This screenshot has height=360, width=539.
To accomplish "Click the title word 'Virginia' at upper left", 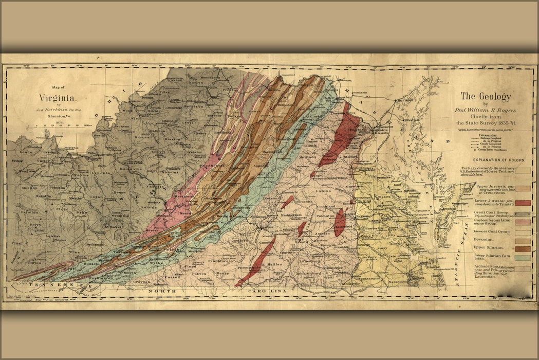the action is pyautogui.click(x=58, y=98).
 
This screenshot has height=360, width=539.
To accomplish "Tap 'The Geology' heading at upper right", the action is pyautogui.click(x=486, y=96).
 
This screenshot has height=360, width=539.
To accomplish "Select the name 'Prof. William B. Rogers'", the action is pyautogui.click(x=486, y=110).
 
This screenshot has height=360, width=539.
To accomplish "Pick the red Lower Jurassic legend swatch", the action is pyautogui.click(x=523, y=203).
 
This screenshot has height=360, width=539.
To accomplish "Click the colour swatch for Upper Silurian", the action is pyautogui.click(x=523, y=248).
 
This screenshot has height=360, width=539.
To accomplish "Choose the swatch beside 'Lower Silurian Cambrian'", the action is pyautogui.click(x=523, y=258).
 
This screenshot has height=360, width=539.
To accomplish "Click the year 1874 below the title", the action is pyautogui.click(x=58, y=121).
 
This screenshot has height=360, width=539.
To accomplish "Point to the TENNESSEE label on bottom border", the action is pyautogui.click(x=54, y=284).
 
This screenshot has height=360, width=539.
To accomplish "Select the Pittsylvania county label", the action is pyautogui.click(x=249, y=268).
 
